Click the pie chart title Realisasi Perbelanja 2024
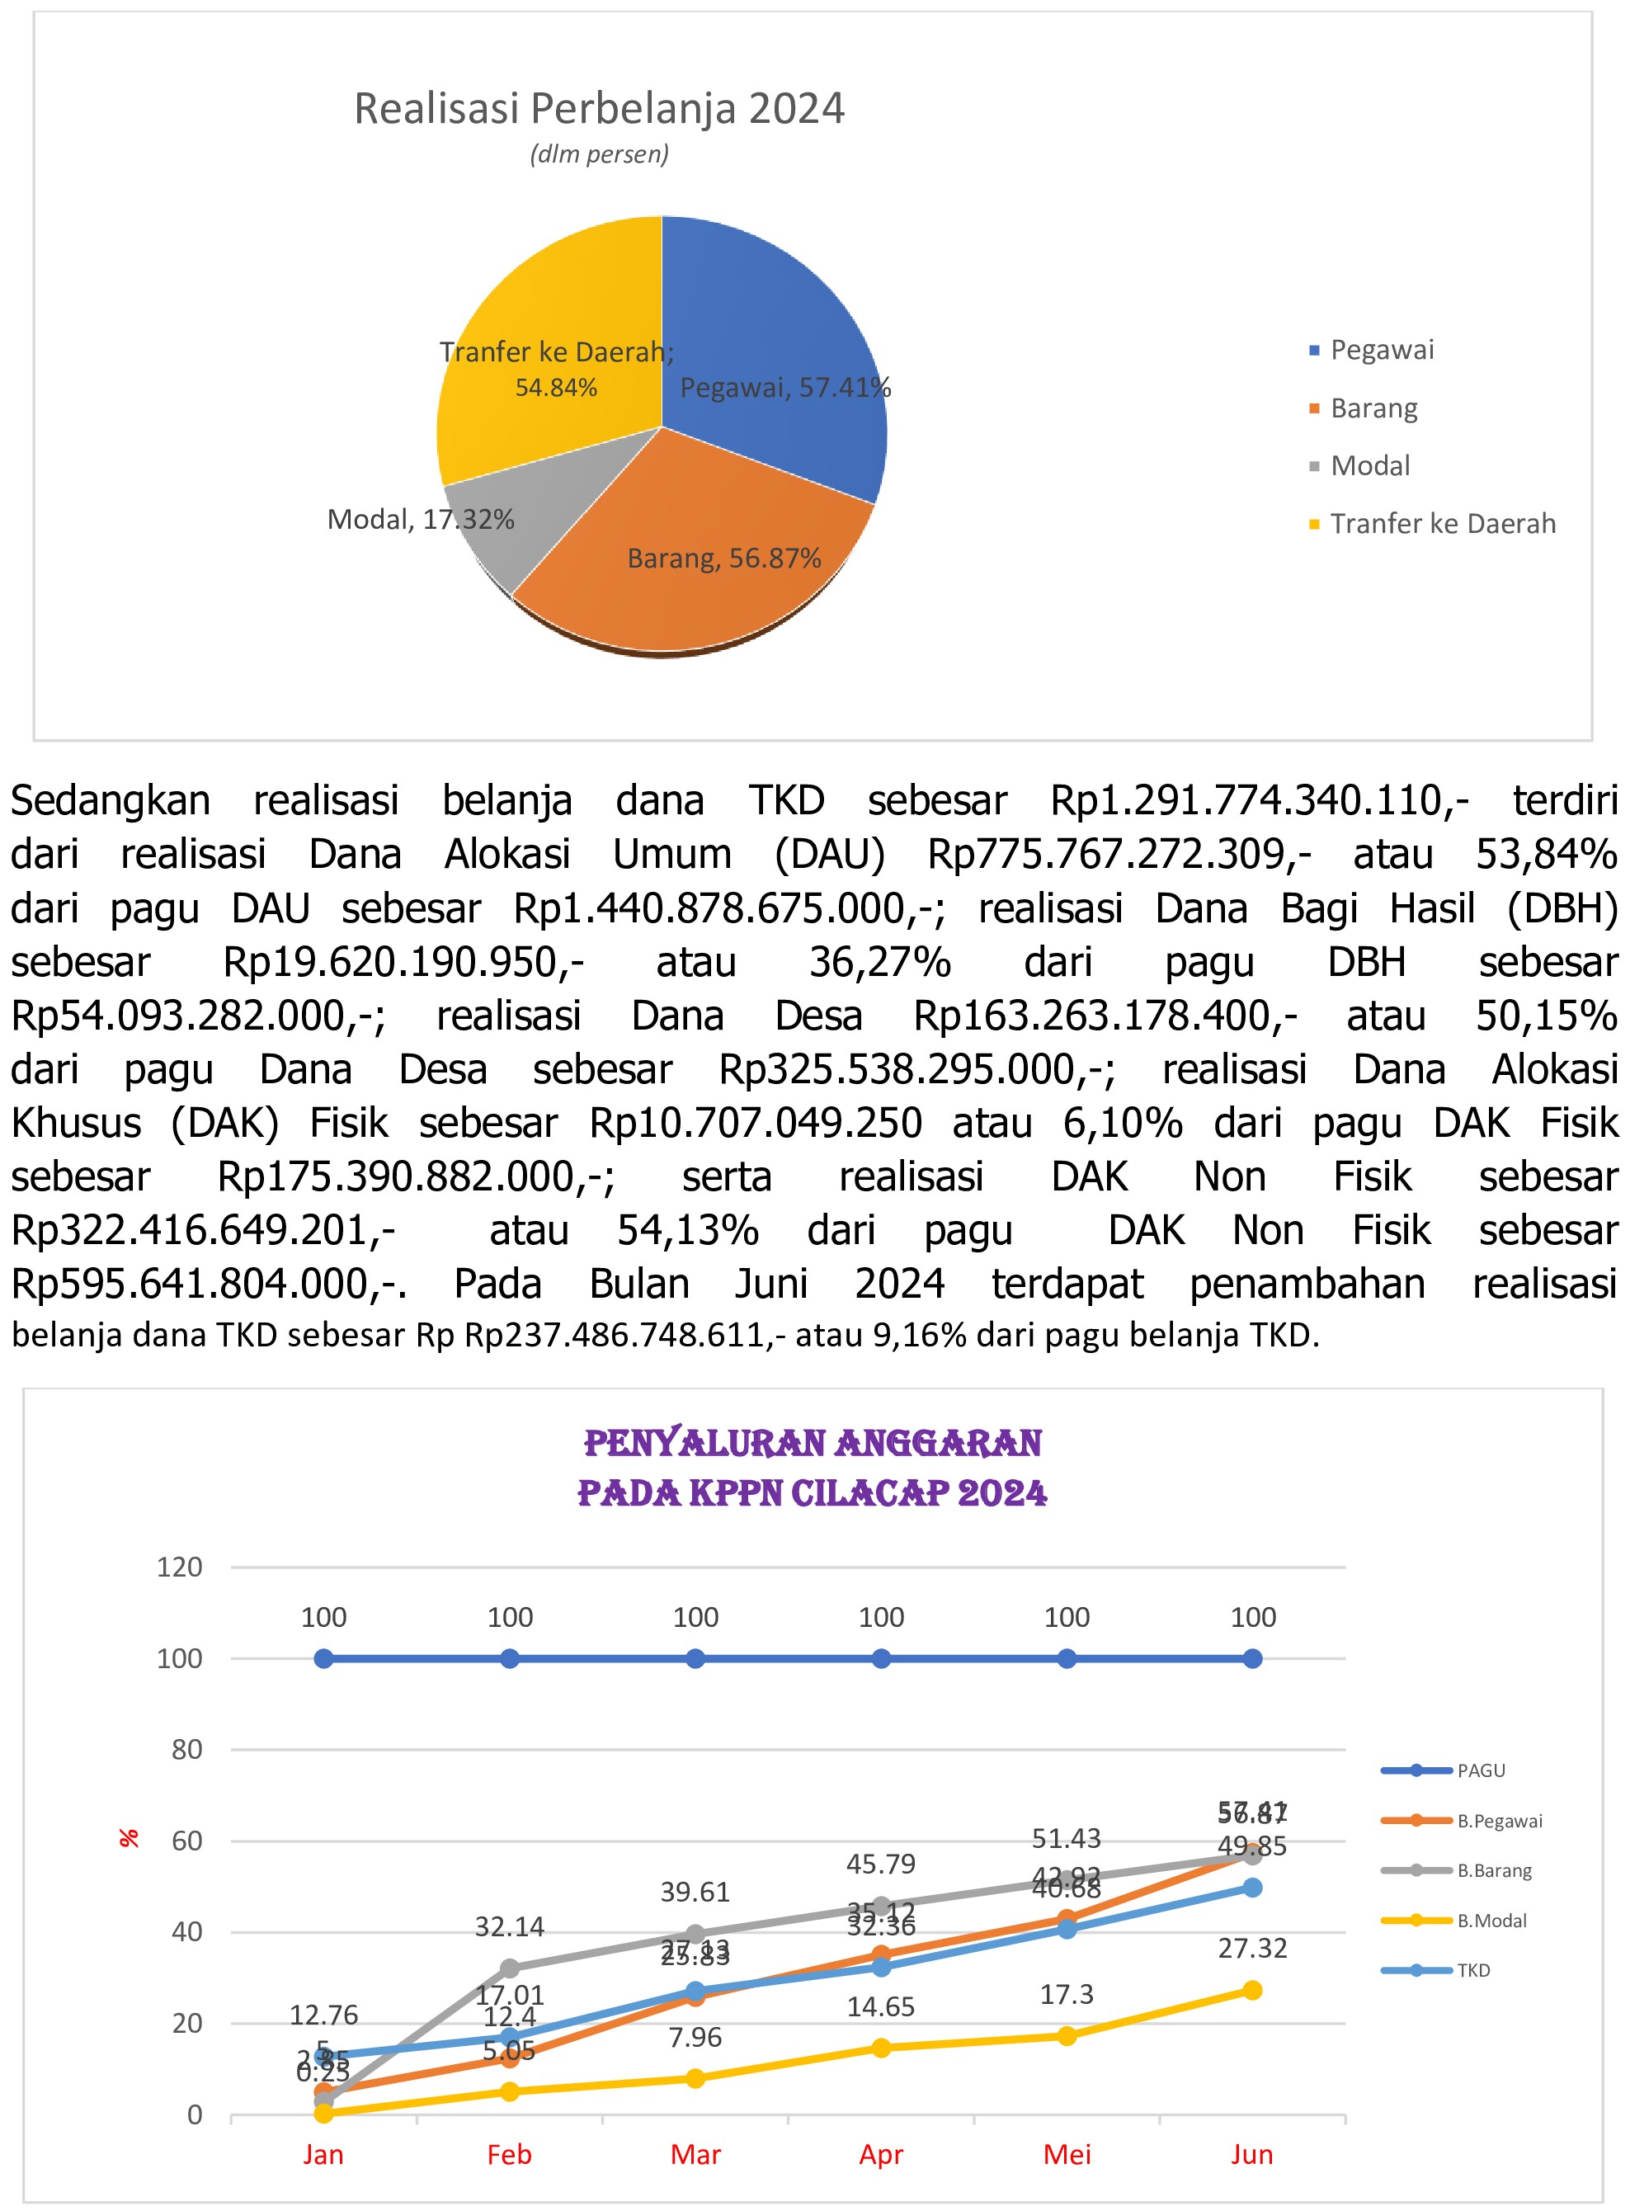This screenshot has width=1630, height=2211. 599,109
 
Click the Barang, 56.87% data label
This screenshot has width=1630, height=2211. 724,559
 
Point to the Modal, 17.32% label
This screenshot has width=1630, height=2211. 421,520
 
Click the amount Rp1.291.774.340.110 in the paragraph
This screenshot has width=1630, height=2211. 1258,800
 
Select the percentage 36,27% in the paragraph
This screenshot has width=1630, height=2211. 880,962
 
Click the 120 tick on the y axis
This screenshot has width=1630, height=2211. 180,1567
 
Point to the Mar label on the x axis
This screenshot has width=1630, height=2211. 695,2154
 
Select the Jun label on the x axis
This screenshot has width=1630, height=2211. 1252,2154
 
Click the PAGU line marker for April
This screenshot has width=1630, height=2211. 881,1658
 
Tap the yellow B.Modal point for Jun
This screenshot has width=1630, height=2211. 1252,1990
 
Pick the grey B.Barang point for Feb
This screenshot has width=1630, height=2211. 510,1968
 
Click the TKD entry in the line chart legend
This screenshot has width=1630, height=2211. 1473,1970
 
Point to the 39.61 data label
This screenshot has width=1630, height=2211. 695,1893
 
